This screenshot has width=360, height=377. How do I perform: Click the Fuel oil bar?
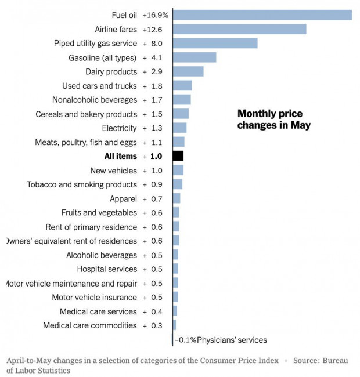262,15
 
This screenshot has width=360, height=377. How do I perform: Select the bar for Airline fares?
239,29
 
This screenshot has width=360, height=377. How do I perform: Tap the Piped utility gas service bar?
215,43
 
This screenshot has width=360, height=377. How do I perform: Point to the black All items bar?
178,156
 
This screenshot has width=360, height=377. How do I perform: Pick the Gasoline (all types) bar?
195,57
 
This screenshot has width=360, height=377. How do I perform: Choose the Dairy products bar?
188,71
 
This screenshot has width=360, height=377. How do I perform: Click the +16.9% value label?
155,15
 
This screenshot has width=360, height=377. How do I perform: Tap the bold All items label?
121,156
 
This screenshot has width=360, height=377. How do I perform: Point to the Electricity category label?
119,128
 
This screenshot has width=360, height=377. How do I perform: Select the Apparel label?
123,198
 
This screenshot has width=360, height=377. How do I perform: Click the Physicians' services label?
232,340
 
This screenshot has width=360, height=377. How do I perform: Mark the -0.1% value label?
185,340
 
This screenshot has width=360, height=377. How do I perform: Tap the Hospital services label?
107,269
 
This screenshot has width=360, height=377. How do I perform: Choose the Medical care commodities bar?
174,325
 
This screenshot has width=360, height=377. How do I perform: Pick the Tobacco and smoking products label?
82,184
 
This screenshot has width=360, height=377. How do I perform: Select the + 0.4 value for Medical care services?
153,311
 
